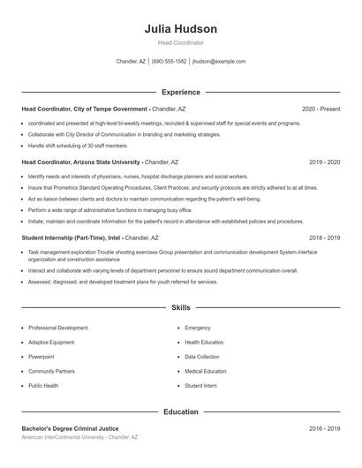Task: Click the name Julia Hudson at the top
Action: [180, 29]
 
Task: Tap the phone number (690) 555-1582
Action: [169, 62]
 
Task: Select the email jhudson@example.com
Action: [219, 62]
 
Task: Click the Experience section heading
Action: [180, 92]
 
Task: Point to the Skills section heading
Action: [180, 307]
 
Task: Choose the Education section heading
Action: [180, 411]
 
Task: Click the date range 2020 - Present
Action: [321, 109]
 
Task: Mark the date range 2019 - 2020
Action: [324, 162]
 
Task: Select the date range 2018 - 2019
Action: [324, 238]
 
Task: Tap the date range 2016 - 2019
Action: [324, 428]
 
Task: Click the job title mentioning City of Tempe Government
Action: [84, 109]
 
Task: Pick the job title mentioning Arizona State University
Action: [81, 162]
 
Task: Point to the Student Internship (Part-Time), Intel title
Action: [72, 238]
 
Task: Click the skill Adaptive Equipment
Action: [51, 342]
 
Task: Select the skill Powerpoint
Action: [41, 357]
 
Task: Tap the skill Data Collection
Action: [202, 357]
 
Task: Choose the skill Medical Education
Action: [205, 371]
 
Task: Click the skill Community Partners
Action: [51, 371]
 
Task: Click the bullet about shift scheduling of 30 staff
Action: [78, 145]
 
